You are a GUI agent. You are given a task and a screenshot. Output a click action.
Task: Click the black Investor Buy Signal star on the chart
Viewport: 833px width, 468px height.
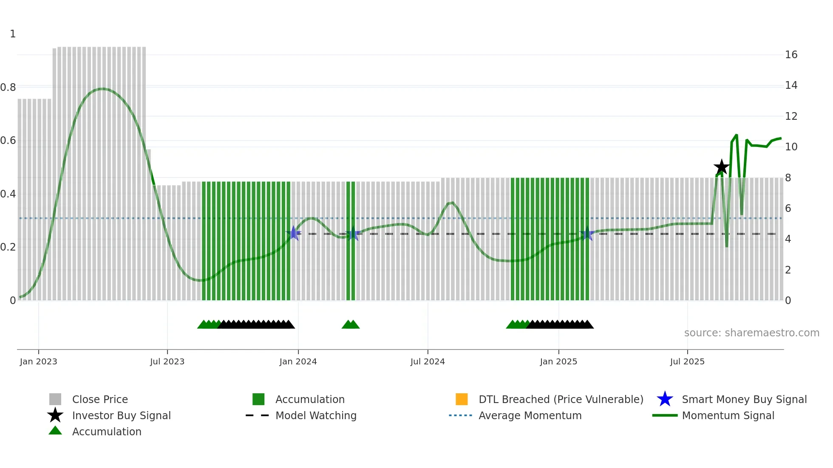tap(721, 167)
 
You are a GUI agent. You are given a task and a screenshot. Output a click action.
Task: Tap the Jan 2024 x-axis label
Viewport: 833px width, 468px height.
tap(298, 361)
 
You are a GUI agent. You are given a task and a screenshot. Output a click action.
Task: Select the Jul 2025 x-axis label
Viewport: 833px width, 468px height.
tap(687, 361)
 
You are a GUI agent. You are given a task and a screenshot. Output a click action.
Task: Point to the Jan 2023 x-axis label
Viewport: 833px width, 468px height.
tap(38, 361)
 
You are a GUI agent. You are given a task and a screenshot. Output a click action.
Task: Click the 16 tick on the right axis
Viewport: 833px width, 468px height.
tap(791, 55)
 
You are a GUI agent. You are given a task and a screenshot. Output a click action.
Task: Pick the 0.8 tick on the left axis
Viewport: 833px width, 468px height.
tap(8, 87)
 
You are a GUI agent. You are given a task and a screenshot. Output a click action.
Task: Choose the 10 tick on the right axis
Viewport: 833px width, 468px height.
tap(791, 147)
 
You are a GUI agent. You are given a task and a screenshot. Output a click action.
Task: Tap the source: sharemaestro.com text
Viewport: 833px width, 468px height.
tap(751, 333)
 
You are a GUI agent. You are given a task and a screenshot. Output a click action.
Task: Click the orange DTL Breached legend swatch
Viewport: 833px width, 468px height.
tap(462, 399)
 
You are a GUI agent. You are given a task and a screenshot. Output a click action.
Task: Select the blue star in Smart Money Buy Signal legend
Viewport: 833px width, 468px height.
tap(665, 399)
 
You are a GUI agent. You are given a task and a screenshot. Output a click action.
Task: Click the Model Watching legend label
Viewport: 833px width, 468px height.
tap(316, 415)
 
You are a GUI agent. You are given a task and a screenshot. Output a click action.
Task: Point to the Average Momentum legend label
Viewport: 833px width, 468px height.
tap(530, 415)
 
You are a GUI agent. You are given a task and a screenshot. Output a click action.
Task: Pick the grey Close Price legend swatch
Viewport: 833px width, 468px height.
tap(55, 399)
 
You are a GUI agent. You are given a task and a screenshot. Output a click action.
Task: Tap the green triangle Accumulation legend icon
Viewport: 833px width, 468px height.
tap(55, 431)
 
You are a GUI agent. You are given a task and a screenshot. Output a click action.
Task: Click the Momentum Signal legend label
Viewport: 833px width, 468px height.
tap(728, 415)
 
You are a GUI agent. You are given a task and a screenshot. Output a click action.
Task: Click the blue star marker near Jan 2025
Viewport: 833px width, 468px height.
tap(587, 234)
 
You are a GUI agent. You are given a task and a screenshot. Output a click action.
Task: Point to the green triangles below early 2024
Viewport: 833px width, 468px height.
tap(351, 325)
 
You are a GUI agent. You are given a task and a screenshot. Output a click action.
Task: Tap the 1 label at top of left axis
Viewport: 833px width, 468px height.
tap(13, 34)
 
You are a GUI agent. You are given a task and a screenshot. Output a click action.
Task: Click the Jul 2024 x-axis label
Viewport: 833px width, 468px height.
tap(428, 361)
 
